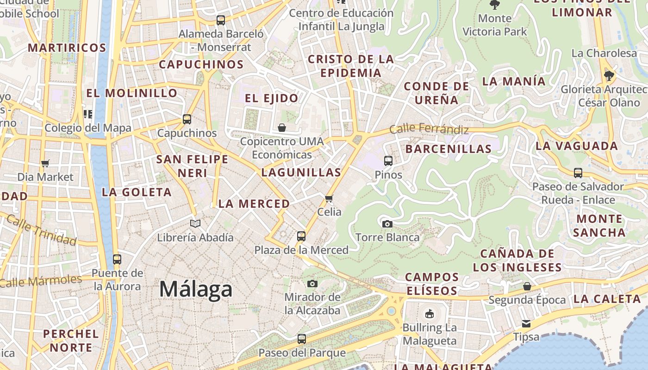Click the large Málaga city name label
[196, 290]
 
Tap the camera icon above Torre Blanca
[387, 224]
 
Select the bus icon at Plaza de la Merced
[301, 236]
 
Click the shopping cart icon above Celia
[329, 198]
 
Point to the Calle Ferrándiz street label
[429, 129]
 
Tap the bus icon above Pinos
[388, 161]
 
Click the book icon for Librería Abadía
[195, 224]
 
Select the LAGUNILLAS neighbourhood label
[301, 173]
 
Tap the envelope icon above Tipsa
[526, 323]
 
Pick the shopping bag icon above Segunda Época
[527, 286]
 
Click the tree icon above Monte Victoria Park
[495, 5]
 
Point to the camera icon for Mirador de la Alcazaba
[312, 284]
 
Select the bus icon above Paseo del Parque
[302, 339]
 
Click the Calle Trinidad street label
[42, 230]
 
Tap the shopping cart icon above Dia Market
[45, 163]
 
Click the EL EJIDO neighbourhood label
[271, 98]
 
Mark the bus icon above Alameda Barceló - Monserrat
[221, 20]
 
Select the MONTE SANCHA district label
[599, 225]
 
